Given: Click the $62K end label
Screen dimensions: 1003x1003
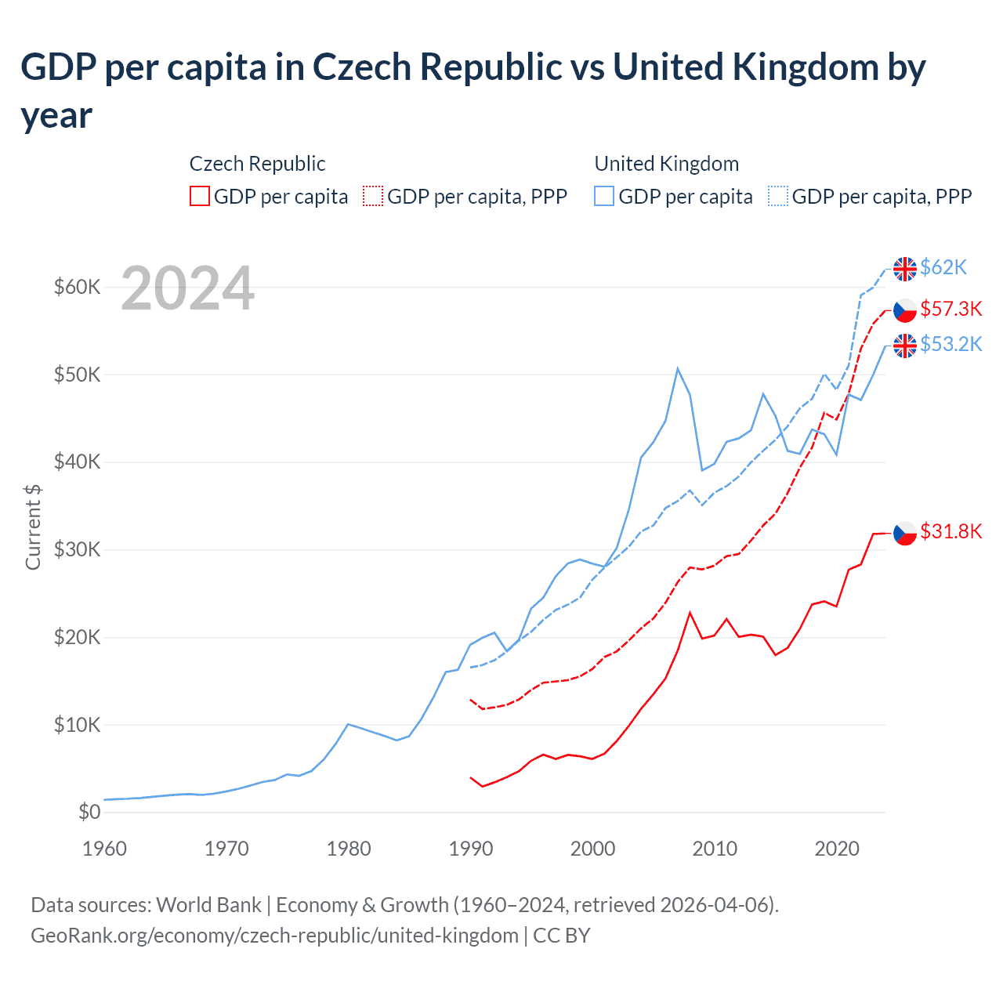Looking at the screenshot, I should tap(943, 268).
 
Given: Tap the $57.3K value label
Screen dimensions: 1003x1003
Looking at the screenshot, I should tap(950, 310).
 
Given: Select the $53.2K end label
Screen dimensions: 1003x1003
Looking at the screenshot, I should tap(950, 345).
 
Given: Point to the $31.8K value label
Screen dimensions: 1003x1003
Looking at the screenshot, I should tap(950, 532).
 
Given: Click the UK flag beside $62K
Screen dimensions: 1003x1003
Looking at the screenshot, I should tap(905, 269).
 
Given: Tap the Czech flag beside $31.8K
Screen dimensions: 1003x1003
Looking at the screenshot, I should tap(905, 533).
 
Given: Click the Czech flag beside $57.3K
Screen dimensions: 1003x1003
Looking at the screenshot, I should tap(905, 310).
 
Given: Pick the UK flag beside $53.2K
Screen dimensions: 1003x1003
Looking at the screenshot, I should tap(905, 346).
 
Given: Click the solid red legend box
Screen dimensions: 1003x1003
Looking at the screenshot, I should tap(200, 196).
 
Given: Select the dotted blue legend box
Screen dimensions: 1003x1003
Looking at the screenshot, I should tap(778, 196).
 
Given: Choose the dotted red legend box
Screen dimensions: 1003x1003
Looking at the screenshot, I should tap(374, 196).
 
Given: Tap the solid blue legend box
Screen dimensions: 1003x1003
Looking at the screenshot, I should tap(604, 196).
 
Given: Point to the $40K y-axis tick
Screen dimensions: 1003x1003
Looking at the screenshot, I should tap(77, 462).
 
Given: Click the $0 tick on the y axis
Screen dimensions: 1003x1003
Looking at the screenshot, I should tap(89, 813).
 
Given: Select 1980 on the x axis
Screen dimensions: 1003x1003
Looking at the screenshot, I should tap(349, 849).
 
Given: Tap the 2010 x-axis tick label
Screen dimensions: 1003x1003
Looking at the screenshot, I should tap(715, 849).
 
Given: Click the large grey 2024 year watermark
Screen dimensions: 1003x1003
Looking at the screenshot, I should tap(187, 289).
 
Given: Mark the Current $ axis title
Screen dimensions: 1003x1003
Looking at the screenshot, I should tap(33, 527).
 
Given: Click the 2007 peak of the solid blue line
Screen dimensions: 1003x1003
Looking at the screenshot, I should tap(678, 368).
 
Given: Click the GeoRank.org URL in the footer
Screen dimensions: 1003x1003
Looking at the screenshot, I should tap(274, 936).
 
